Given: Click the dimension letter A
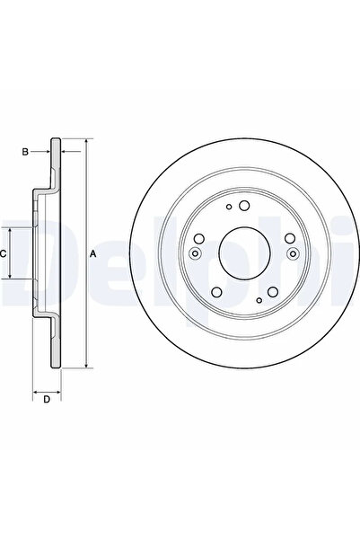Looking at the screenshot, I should pos(93,254).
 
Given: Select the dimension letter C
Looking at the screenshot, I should pos(4,254).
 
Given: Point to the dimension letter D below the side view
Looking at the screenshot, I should pos(46,400).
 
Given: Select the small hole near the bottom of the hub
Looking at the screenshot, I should pos(259,299).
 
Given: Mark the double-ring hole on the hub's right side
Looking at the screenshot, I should pos(290,254).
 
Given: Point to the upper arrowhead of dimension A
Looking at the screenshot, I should pos(86,142).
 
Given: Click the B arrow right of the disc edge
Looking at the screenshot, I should pos(68,152).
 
